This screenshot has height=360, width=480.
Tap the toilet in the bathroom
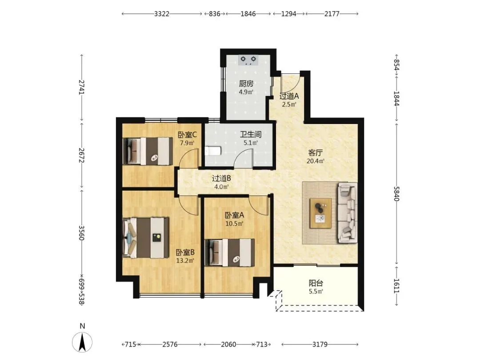point(213,151)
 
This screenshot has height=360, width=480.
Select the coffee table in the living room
point(320,213)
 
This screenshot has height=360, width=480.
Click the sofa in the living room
point(348,213)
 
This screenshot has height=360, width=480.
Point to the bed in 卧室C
point(148,151)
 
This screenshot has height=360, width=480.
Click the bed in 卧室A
point(230,252)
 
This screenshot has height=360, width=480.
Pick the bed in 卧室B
point(146,237)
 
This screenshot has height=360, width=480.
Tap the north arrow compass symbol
point(82,342)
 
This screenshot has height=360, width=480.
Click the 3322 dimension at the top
point(162,14)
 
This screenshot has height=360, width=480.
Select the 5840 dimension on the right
point(396,193)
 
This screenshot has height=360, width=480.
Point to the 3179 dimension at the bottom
point(320,344)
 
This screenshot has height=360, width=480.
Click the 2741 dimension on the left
point(82,87)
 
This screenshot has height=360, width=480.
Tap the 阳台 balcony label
point(316,283)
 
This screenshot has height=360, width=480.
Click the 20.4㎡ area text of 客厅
point(316,161)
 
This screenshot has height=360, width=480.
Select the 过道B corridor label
point(221,178)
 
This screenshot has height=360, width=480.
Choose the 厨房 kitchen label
point(246,83)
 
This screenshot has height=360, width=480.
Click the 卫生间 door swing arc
point(244,155)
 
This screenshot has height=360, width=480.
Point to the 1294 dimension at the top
point(289,14)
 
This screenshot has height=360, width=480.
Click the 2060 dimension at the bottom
point(228,344)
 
